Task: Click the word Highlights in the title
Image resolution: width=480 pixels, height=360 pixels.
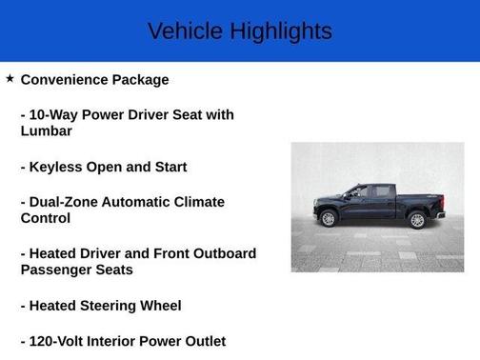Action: [x=281, y=30]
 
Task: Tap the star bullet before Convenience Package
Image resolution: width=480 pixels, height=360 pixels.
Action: [x=10, y=79]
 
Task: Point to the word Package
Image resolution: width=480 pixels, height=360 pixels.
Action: [x=142, y=80]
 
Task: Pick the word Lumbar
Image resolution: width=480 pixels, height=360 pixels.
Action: [x=46, y=131]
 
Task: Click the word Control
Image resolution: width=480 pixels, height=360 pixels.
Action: [x=46, y=218]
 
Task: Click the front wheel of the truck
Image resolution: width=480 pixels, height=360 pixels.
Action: [x=329, y=219]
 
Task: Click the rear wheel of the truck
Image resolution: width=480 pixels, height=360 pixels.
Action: [x=416, y=220]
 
